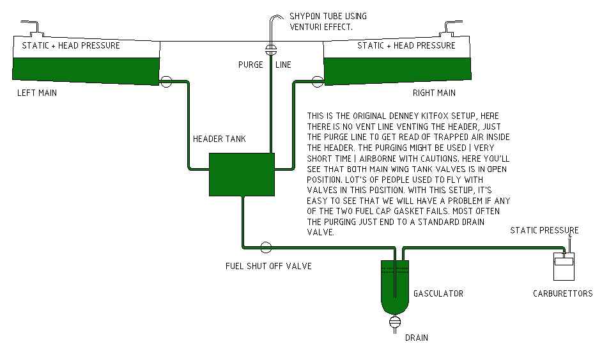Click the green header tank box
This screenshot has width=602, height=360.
[x=242, y=174]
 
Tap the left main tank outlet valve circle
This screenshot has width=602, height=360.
[x=166, y=81]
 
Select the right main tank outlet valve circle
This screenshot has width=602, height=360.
[x=317, y=81]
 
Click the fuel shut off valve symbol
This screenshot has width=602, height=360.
[x=266, y=247]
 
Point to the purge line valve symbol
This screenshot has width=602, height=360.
[x=270, y=50]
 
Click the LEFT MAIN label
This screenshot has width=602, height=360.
[x=37, y=93]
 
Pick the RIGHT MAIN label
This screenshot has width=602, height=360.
[x=434, y=93]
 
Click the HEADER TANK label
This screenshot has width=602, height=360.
[x=219, y=139]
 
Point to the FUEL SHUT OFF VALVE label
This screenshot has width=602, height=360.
[x=268, y=265]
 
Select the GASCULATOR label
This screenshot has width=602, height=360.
[x=438, y=293]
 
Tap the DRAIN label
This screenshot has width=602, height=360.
[x=415, y=337]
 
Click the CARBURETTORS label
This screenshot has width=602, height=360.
[x=562, y=293]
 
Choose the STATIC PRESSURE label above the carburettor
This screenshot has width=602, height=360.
[x=544, y=230]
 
